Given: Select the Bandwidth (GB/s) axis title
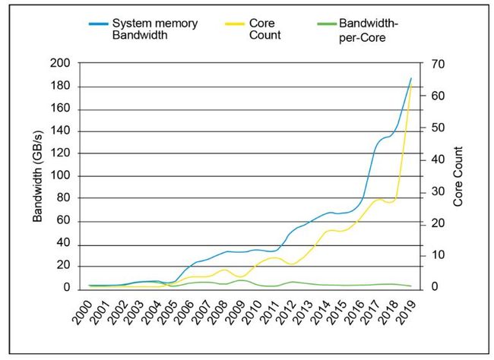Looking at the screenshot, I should (x=37, y=175).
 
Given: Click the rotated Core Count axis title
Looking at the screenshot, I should (x=458, y=175).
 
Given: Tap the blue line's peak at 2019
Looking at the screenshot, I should (x=411, y=77).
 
